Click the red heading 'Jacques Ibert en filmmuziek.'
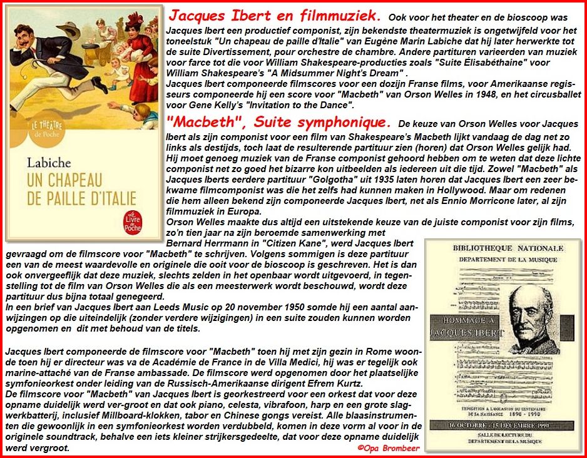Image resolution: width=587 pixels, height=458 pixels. pos(276,14)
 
